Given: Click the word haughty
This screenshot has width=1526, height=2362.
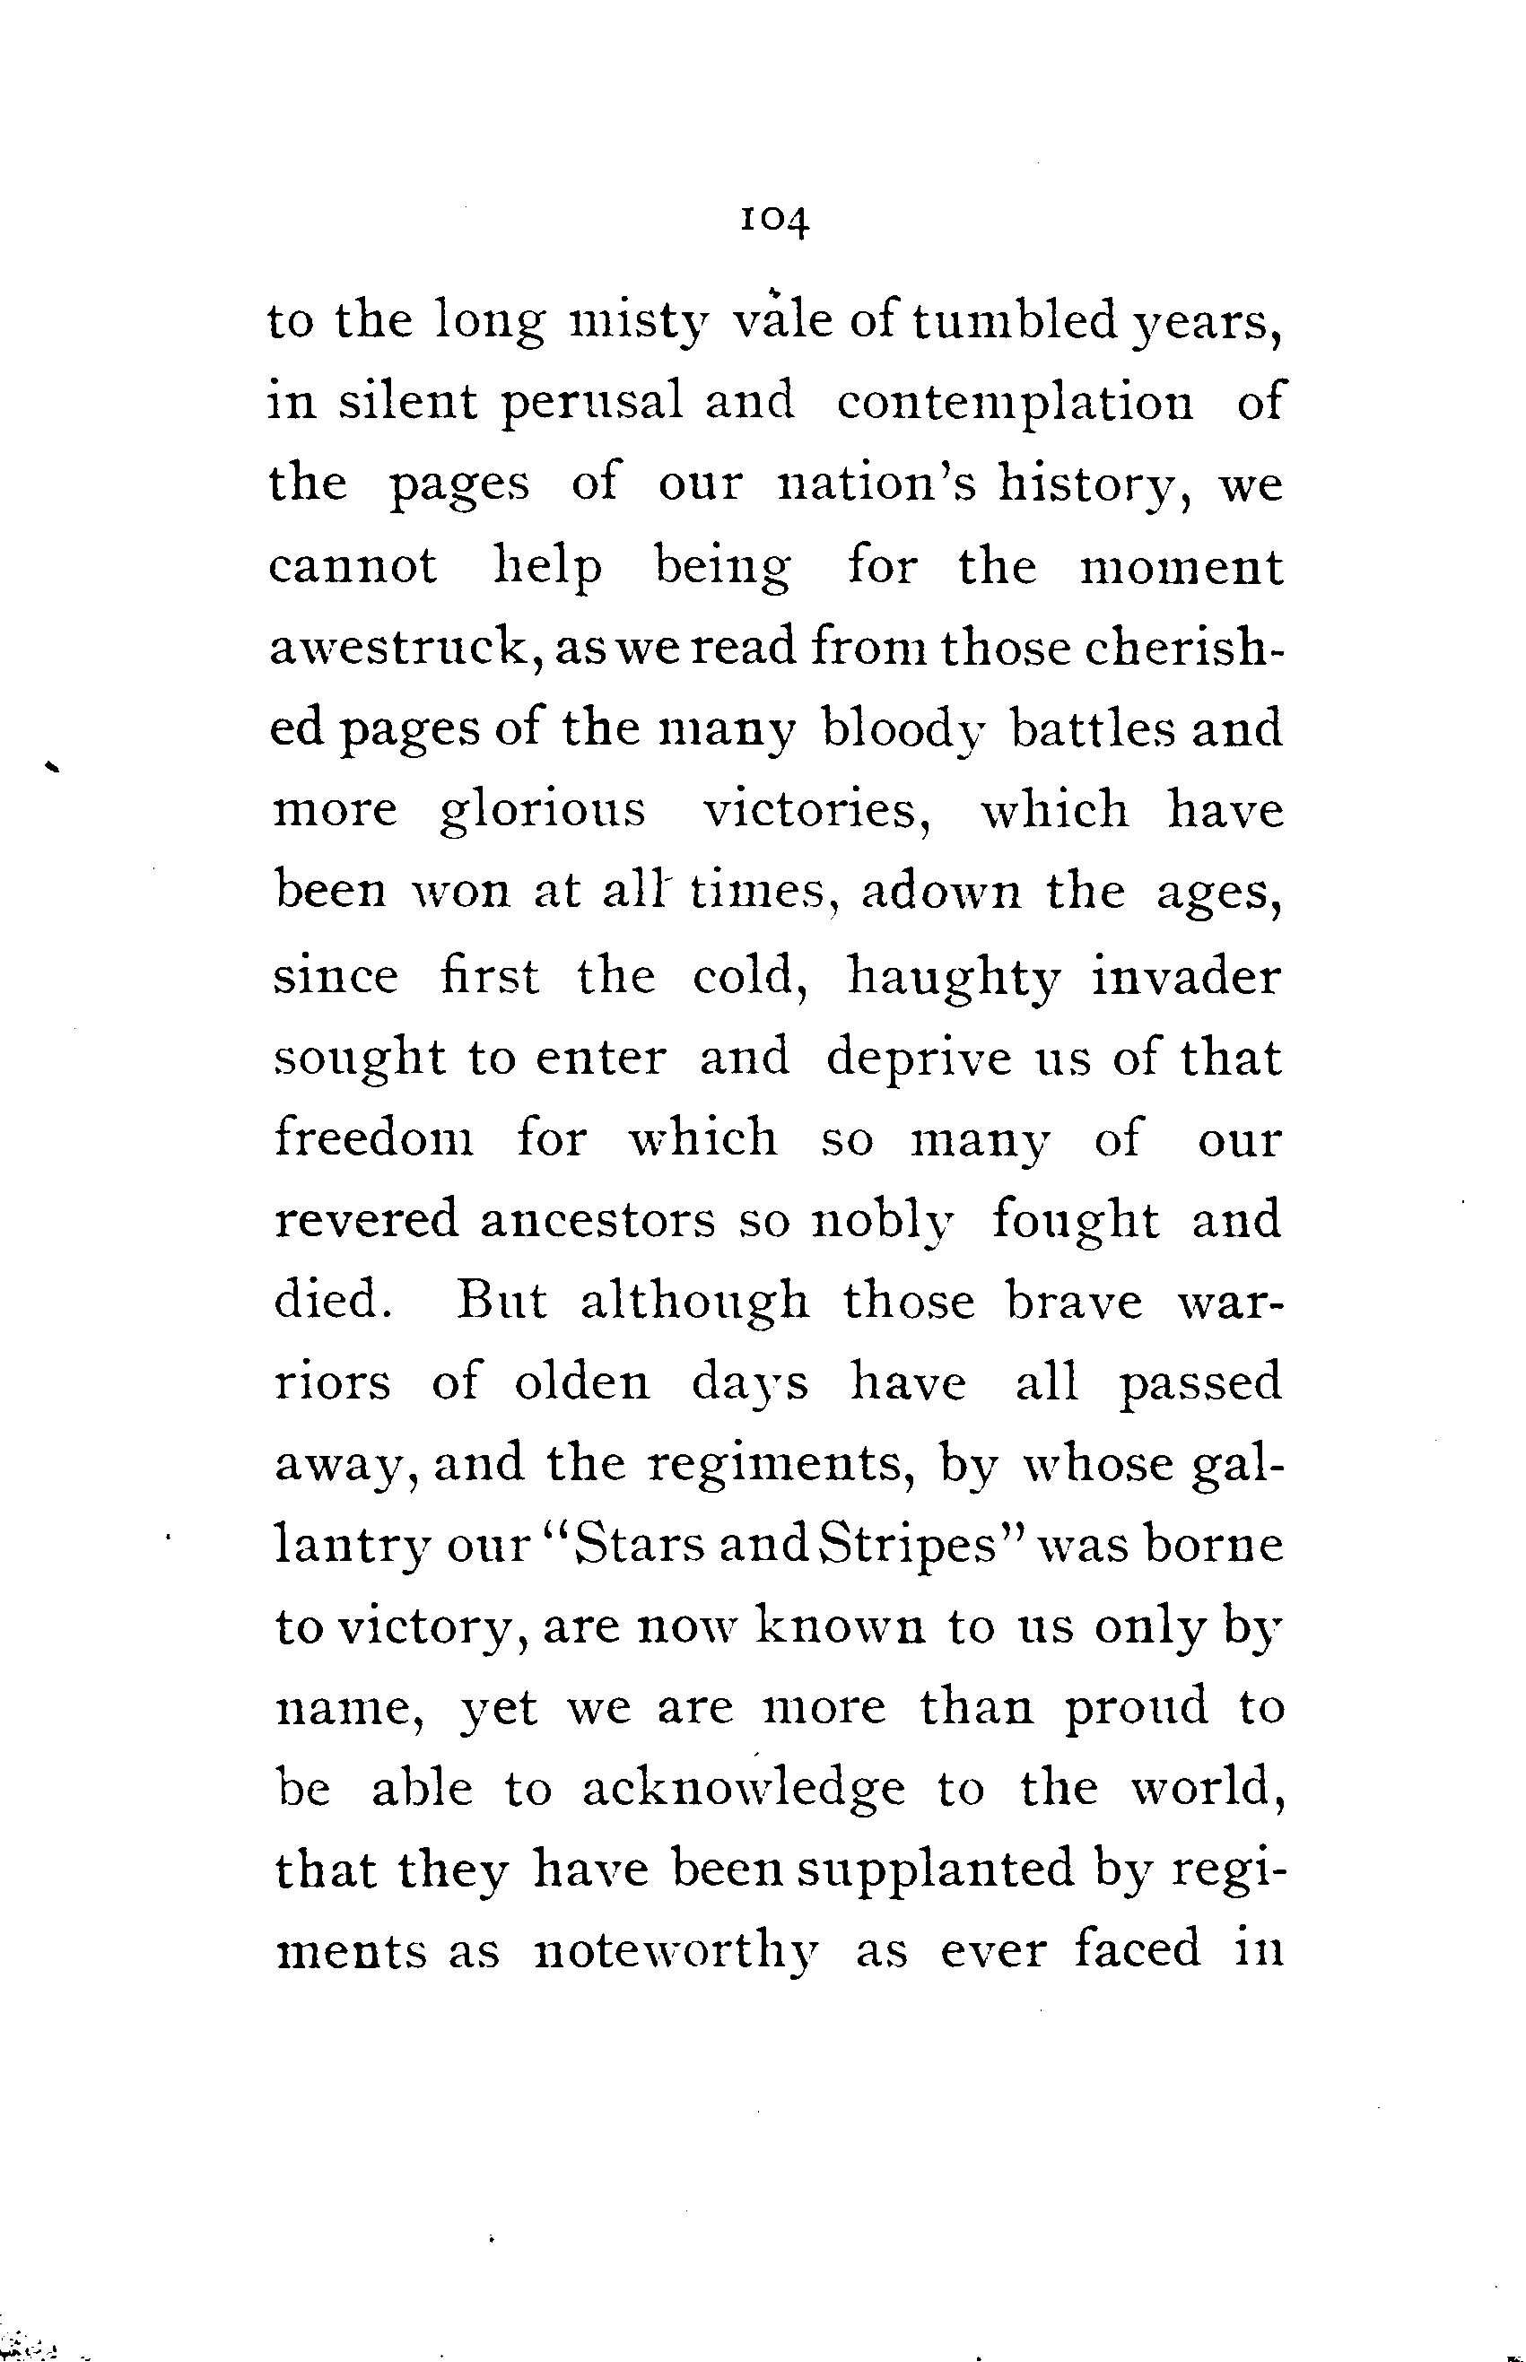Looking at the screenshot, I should [954, 977].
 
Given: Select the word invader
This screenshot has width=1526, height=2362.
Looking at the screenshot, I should [1186, 975].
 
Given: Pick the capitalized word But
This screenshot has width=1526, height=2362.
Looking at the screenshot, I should [501, 1300].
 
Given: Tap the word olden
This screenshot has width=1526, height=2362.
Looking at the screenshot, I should [581, 1381].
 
